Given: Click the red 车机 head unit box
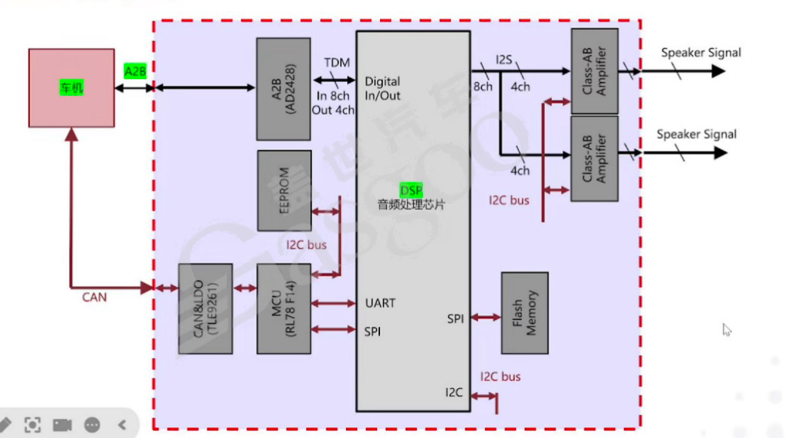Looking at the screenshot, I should pos(72,88).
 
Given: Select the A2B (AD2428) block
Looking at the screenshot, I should pos(283,88).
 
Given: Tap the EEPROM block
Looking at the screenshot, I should pos(284,190).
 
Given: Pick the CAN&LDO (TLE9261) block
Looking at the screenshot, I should pos(205,309).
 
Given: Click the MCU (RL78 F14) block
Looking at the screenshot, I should pos(284,309).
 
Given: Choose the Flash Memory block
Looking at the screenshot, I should pos(525,313).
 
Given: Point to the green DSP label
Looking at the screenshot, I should pos(411,190).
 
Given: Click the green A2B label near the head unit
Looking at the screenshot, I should pos(135,71).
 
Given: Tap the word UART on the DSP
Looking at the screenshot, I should pos(380,303).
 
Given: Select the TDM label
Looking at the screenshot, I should pos(337,63).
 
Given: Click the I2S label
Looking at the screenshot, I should pos(504,58).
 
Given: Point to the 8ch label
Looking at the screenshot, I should pos(483,87).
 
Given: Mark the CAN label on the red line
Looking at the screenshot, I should pos(95,298).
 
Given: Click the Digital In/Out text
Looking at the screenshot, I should pos(383,89).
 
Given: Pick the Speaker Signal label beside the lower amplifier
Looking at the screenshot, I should pos(697,134).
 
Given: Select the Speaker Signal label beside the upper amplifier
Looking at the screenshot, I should pos(701,52).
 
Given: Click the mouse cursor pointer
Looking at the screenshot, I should pos(727,330).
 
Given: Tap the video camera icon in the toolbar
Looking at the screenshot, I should pos(63,424).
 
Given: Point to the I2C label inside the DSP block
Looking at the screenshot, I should pos(454,392).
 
